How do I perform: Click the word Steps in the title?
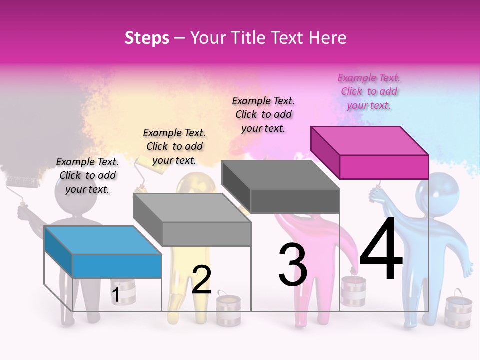tap(147, 38)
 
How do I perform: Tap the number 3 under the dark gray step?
tap(293, 265)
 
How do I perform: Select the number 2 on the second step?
tap(201, 280)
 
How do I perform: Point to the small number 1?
tap(115, 295)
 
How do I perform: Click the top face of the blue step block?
tap(103, 240)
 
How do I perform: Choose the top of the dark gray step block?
tap(280, 175)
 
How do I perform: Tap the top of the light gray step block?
tap(192, 208)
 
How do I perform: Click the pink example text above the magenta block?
tap(369, 91)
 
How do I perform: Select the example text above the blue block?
tap(87, 175)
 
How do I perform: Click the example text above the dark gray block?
tap(263, 114)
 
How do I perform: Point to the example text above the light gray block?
tap(174, 146)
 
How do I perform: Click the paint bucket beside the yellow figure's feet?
tap(228, 310)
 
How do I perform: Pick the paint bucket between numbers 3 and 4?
tap(353, 290)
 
